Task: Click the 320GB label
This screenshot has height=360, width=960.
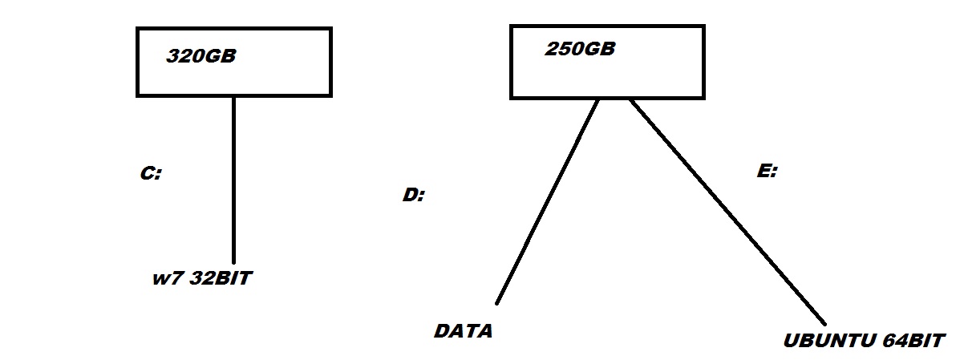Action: pyautogui.click(x=201, y=57)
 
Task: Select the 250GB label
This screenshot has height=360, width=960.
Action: pyautogui.click(x=580, y=49)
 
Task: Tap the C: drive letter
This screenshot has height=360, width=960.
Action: pyautogui.click(x=151, y=173)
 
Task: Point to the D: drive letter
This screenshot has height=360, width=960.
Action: pyautogui.click(x=413, y=195)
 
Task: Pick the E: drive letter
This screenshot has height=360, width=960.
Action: pyautogui.click(x=767, y=171)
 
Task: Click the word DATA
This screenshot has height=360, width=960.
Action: pyautogui.click(x=463, y=330)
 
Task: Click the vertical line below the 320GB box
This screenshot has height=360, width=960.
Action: pyautogui.click(x=233, y=176)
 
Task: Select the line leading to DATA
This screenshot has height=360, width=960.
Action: pyautogui.click(x=549, y=200)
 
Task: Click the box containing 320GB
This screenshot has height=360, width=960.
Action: pyautogui.click(x=233, y=80)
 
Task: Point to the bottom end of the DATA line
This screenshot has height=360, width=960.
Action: pyautogui.click(x=497, y=302)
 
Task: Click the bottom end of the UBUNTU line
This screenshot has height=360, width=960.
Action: pyautogui.click(x=824, y=322)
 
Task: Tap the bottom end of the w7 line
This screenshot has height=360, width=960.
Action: pyautogui.click(x=233, y=261)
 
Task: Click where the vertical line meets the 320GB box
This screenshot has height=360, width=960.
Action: pyautogui.click(x=233, y=97)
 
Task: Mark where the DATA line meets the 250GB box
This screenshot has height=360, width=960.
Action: pyautogui.click(x=598, y=99)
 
